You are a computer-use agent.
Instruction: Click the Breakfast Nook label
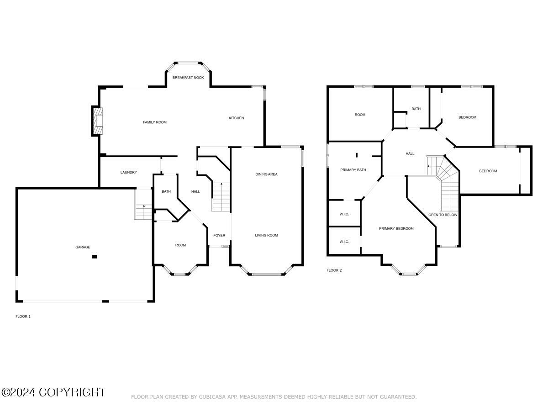click(188, 78)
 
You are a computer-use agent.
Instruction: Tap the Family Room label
click(155, 122)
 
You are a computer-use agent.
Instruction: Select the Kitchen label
click(237, 118)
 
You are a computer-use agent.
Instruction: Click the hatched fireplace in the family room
click(97, 121)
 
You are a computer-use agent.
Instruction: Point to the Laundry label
click(129, 173)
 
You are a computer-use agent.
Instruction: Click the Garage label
click(83, 248)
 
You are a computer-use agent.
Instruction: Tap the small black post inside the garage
click(95, 257)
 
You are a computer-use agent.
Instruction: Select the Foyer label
click(219, 236)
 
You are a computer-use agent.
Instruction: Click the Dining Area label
click(266, 174)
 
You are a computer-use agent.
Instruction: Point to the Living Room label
click(266, 236)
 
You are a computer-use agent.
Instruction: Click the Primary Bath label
click(353, 170)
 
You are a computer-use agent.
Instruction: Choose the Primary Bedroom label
click(396, 229)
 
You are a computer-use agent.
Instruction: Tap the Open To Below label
click(443, 215)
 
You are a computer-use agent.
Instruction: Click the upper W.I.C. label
click(344, 214)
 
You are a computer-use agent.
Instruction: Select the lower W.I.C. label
click(344, 242)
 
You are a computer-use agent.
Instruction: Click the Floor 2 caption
click(334, 270)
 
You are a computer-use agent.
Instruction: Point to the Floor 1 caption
click(23, 316)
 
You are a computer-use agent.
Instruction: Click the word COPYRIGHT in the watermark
click(72, 392)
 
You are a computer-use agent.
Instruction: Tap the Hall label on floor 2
click(410, 154)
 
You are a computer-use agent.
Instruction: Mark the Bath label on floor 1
click(166, 192)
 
